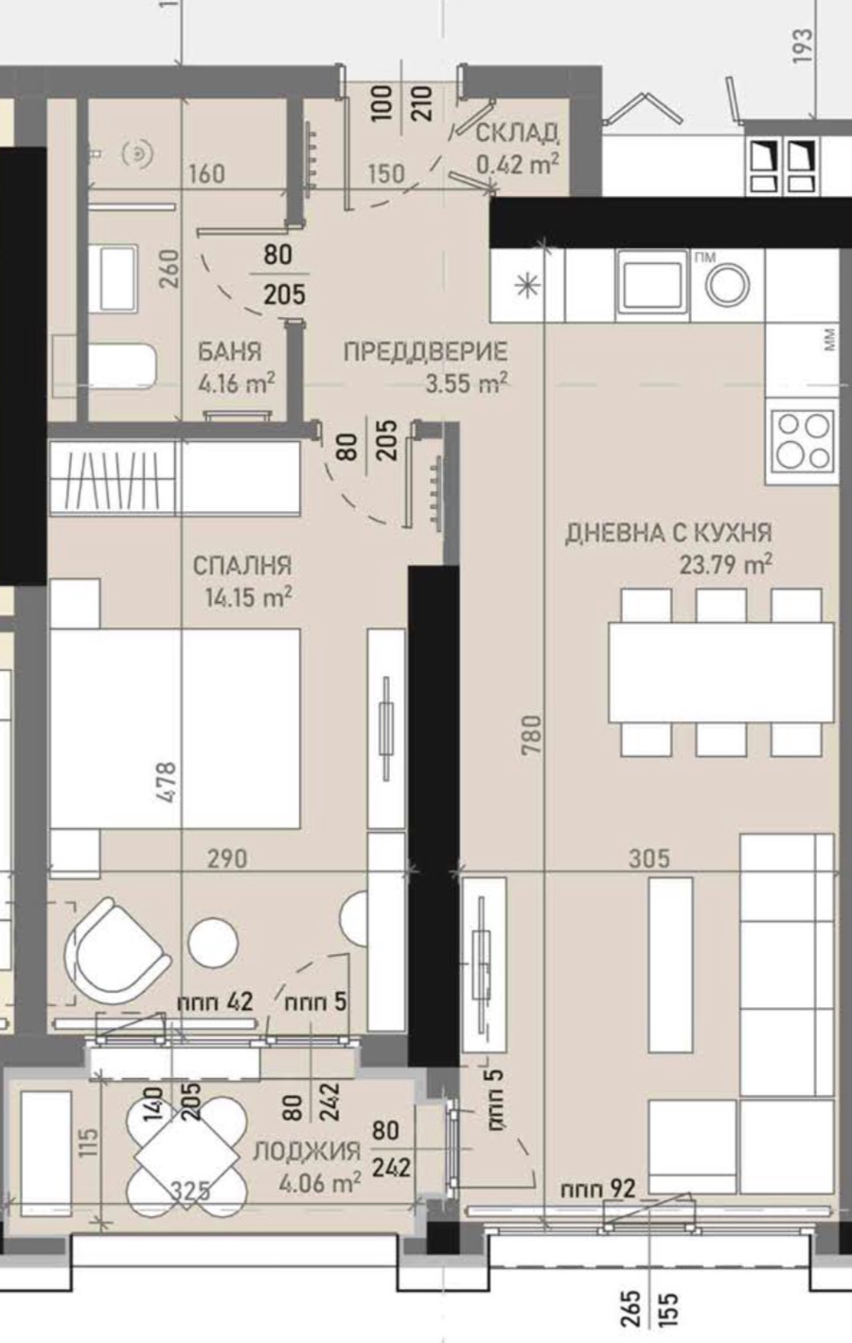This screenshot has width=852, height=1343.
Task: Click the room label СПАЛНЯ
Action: coord(241,565)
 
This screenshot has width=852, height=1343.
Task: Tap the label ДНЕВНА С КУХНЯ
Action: coord(668,533)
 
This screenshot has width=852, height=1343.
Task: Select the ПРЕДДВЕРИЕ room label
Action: coord(425,352)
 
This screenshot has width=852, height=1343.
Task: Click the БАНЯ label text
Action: coord(229,352)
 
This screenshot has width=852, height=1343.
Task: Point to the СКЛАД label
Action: coord(517,133)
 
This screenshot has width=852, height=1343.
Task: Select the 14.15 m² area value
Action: coord(246,597)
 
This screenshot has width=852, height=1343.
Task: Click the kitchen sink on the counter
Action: coord(651,282)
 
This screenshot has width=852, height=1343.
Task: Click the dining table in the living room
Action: coord(720,672)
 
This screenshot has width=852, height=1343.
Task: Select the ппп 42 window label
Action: coord(215,1001)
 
